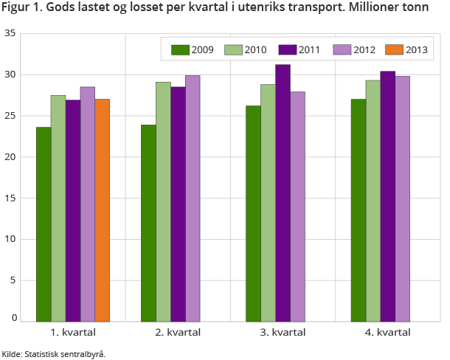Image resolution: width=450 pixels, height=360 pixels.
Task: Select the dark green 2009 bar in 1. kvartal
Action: pos(44,224)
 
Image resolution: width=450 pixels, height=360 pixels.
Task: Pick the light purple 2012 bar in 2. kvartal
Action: pos(193,198)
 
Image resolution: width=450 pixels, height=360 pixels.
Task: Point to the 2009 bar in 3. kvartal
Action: pos(253,214)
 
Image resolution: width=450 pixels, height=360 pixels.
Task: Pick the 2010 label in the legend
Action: pos(256,49)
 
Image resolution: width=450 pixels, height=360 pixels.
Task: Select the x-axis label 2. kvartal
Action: pos(178,333)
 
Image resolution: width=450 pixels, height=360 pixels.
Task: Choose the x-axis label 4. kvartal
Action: pos(387,333)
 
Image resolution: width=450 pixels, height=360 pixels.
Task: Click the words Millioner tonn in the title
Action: pos(395,10)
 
